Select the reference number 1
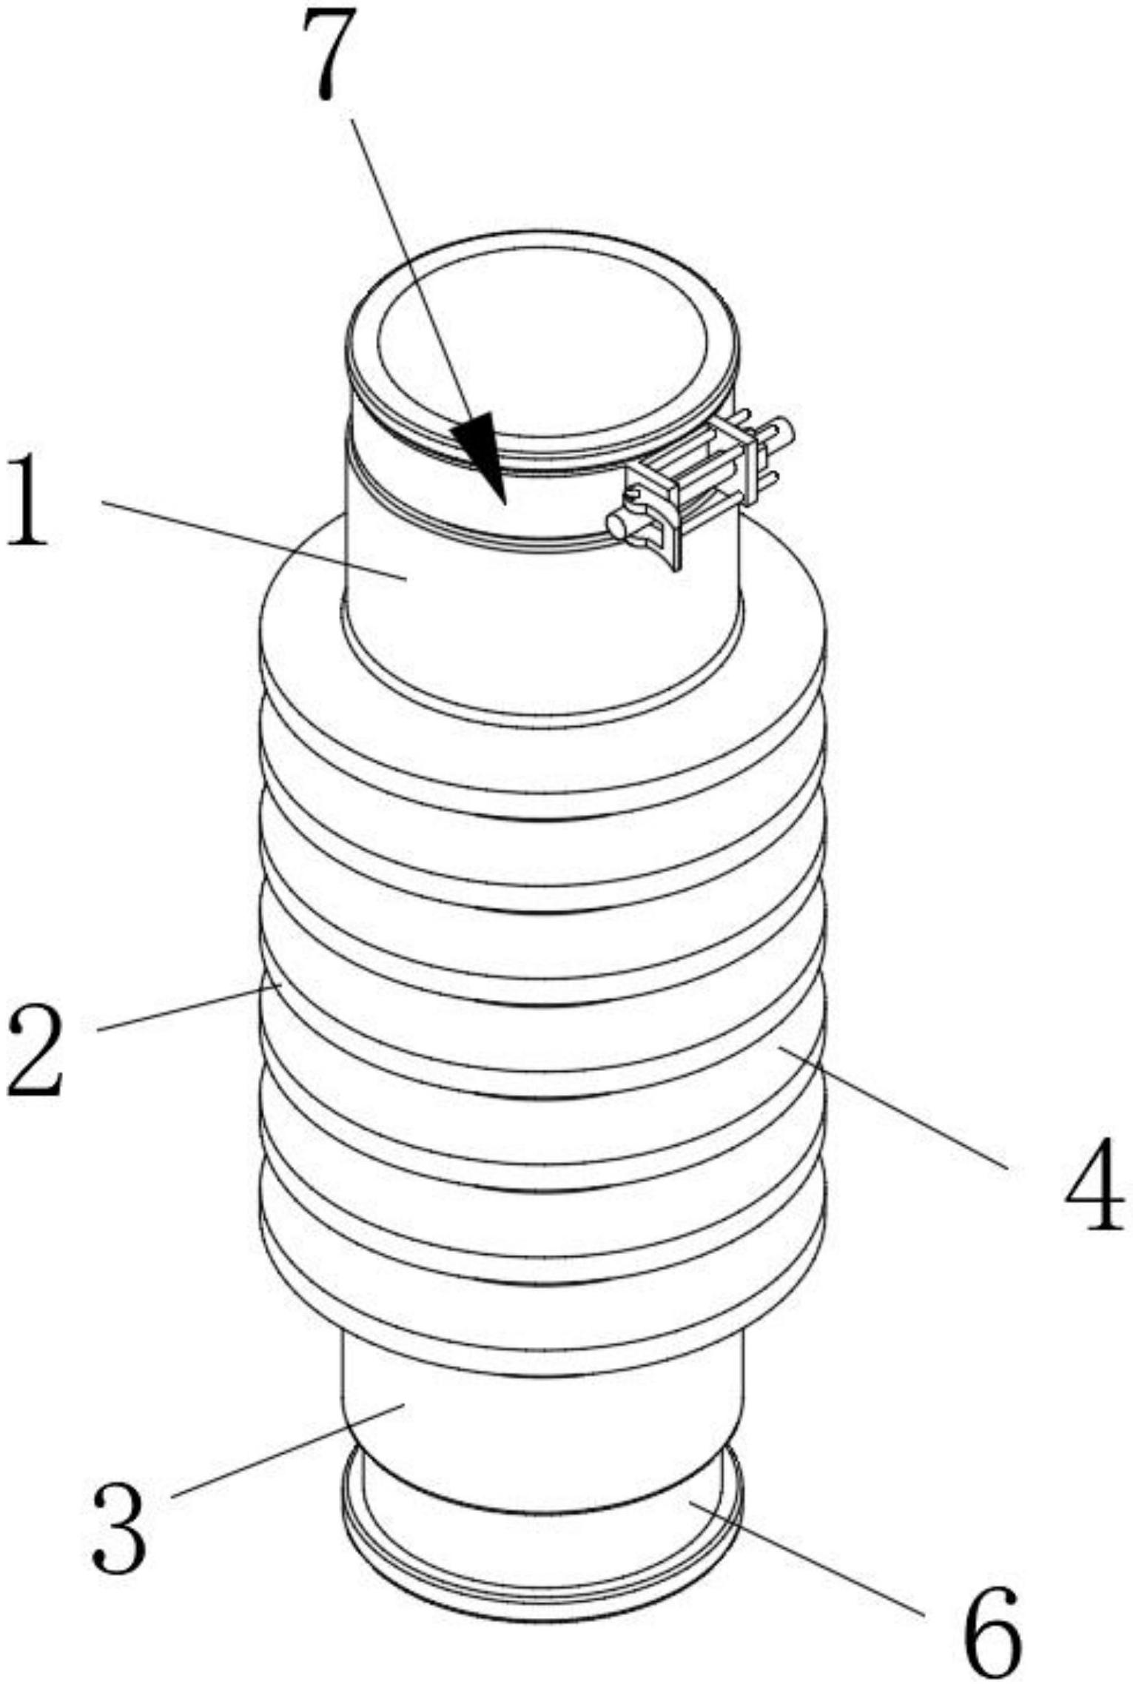click(28, 501)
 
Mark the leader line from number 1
click(252, 540)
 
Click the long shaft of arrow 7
click(407, 274)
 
